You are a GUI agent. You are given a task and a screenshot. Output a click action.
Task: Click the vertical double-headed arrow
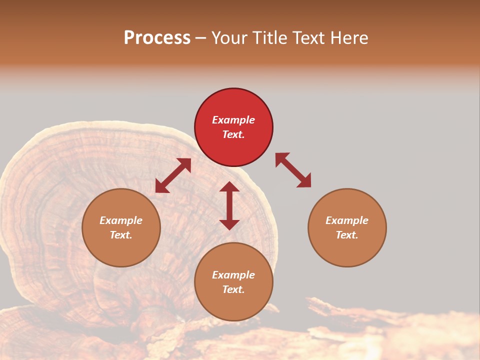pos(229,205)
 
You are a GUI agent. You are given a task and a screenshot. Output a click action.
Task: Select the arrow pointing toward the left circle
pos(173,175)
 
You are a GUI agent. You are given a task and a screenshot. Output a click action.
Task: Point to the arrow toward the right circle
pos(293,170)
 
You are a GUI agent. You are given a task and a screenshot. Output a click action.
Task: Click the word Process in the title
pos(157,37)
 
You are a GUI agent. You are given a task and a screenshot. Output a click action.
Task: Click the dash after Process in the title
pos(201,38)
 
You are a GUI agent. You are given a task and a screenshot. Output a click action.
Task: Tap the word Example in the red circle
pos(233,120)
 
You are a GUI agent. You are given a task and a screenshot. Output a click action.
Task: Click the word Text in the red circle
pos(232,134)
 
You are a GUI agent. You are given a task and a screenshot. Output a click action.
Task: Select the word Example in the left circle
pos(121,220)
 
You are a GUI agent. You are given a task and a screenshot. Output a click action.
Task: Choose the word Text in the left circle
pos(120,235)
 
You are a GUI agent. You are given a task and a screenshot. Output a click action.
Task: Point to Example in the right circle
pos(347,220)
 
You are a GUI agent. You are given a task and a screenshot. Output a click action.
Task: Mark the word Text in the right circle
pos(346,235)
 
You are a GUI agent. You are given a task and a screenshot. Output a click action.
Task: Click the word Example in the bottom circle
pos(233,275)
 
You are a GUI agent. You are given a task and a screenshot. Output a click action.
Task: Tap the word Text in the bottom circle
pos(232,289)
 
